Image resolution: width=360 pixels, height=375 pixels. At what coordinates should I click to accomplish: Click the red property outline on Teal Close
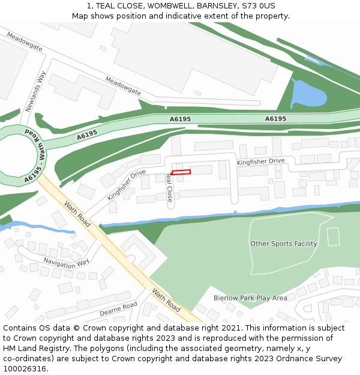181,173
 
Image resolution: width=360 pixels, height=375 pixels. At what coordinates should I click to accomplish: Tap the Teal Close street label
169,188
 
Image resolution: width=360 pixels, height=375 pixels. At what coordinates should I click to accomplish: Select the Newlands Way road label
36,92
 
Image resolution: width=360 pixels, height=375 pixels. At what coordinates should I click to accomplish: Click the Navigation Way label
66,262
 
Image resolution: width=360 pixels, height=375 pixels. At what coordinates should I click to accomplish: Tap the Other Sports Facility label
283,244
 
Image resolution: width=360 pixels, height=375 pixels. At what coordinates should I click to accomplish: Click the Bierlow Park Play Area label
250,298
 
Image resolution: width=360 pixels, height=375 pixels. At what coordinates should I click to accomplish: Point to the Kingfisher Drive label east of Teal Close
260,161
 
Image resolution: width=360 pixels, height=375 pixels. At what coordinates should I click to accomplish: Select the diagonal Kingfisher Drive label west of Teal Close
127,185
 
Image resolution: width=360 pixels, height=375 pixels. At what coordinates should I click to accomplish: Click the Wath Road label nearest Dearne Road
166,300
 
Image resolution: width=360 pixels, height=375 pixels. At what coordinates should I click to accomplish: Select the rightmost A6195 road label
275,119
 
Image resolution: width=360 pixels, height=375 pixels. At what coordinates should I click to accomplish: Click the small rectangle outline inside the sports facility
333,236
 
